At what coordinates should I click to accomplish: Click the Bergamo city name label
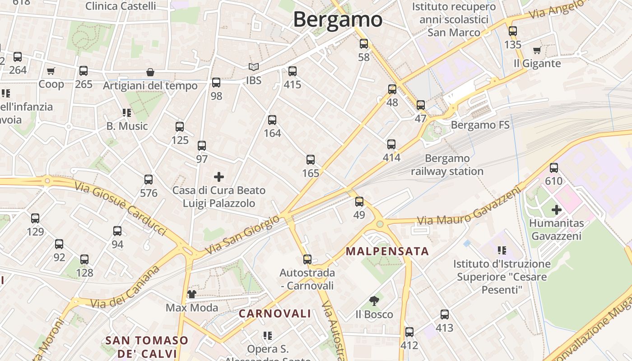pyautogui.click(x=338, y=19)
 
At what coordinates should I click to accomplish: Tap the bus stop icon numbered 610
pyautogui.click(x=554, y=168)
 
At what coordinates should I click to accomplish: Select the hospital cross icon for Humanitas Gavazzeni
pyautogui.click(x=557, y=210)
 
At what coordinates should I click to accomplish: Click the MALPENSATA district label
pyautogui.click(x=387, y=251)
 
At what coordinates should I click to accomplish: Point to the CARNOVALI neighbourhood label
pyautogui.click(x=275, y=314)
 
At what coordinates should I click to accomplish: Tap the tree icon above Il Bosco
pyautogui.click(x=374, y=301)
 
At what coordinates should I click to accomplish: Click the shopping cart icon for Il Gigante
pyautogui.click(x=537, y=51)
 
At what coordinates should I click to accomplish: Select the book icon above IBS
pyautogui.click(x=254, y=67)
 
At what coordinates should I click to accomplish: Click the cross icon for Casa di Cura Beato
pyautogui.click(x=219, y=176)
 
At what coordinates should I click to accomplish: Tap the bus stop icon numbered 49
pyautogui.click(x=359, y=201)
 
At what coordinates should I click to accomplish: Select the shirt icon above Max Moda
pyautogui.click(x=192, y=294)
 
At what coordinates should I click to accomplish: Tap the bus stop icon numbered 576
pyautogui.click(x=149, y=180)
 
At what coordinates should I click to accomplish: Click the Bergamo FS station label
pyautogui.click(x=480, y=125)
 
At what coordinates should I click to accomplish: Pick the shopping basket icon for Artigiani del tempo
pyautogui.click(x=150, y=73)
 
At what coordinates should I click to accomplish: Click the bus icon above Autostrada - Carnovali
pyautogui.click(x=307, y=259)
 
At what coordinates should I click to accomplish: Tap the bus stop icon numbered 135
pyautogui.click(x=513, y=31)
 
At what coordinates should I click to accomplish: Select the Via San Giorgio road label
pyautogui.click(x=242, y=235)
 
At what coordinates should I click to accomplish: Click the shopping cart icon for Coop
pyautogui.click(x=51, y=71)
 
